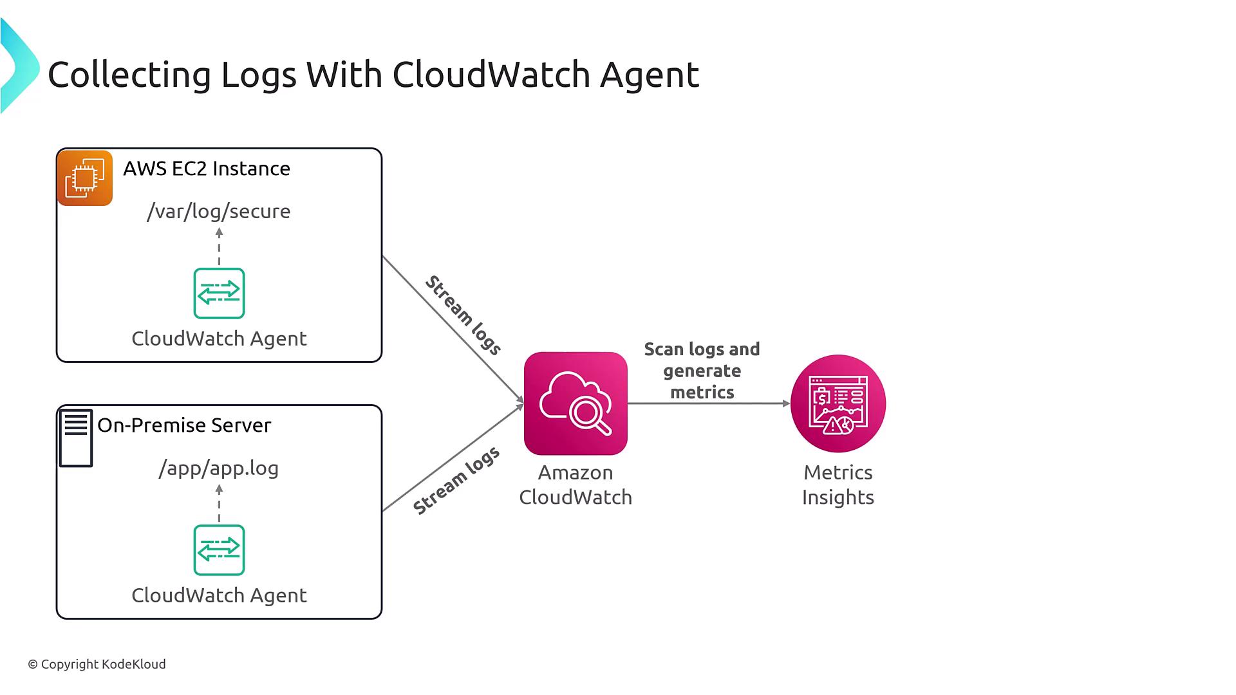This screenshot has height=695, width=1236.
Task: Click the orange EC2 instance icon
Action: (x=85, y=178)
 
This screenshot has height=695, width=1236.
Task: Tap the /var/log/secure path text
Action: (x=219, y=211)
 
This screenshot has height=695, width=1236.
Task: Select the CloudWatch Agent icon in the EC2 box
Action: (x=219, y=293)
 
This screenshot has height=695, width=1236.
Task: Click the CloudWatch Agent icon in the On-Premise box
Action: (x=219, y=550)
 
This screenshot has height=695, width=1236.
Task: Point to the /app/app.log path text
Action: (x=219, y=468)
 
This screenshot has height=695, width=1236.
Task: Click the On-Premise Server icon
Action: (x=76, y=438)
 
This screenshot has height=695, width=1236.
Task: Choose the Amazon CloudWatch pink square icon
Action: (x=576, y=403)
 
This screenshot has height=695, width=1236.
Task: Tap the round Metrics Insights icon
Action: (x=838, y=403)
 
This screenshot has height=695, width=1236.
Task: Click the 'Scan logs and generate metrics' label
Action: (x=702, y=371)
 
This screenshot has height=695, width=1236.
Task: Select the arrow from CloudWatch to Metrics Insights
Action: (x=708, y=403)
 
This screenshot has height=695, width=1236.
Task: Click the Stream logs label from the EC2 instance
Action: (x=463, y=315)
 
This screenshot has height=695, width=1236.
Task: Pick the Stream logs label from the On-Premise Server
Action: (x=456, y=481)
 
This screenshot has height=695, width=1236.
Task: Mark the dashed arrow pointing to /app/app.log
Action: (x=219, y=503)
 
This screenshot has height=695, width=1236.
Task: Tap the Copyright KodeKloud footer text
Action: (x=97, y=664)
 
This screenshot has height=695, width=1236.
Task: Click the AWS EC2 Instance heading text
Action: (x=207, y=169)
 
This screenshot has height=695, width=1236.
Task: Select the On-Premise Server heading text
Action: (x=184, y=425)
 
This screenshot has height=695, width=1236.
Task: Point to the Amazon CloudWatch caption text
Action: (x=576, y=485)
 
